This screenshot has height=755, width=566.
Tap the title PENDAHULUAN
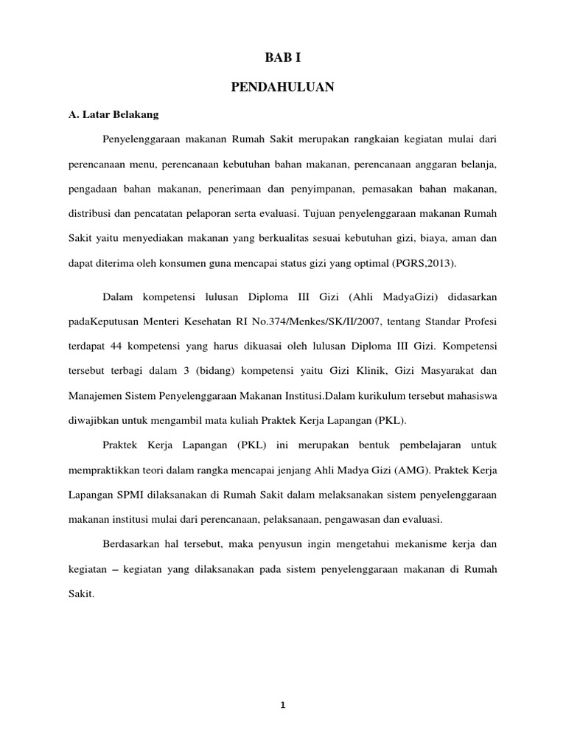pyautogui.click(x=282, y=88)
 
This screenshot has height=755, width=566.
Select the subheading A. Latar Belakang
pyautogui.click(x=108, y=116)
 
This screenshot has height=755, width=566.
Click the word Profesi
pyautogui.click(x=480, y=321)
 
